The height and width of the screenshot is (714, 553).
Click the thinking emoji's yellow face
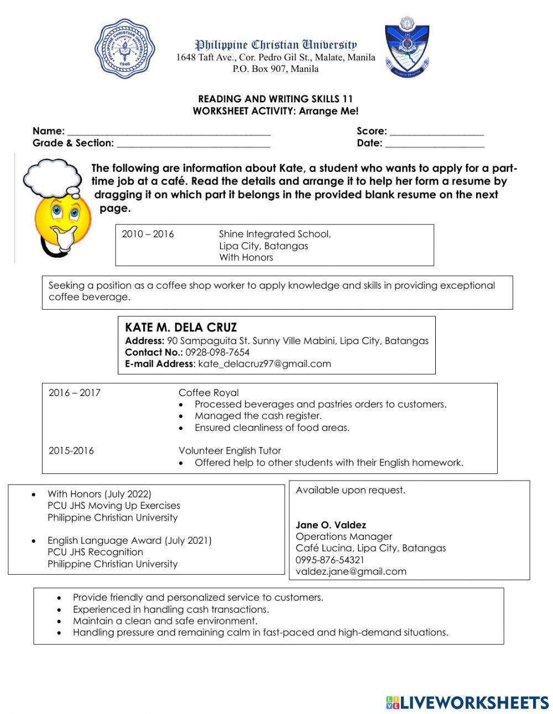pyautogui.click(x=62, y=216)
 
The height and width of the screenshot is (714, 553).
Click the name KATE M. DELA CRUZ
pyautogui.click(x=181, y=327)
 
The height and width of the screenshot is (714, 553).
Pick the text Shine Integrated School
pyautogui.click(x=275, y=234)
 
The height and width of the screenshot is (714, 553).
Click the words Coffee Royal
pyautogui.click(x=208, y=393)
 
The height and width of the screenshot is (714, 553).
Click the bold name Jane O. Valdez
pyautogui.click(x=331, y=525)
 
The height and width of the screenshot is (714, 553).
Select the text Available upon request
pyautogui.click(x=350, y=490)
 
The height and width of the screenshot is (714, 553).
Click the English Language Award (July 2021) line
pyautogui.click(x=129, y=540)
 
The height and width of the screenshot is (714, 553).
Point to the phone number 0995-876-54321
pyautogui.click(x=330, y=560)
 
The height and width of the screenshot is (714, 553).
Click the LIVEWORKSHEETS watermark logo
pyautogui.click(x=467, y=702)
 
